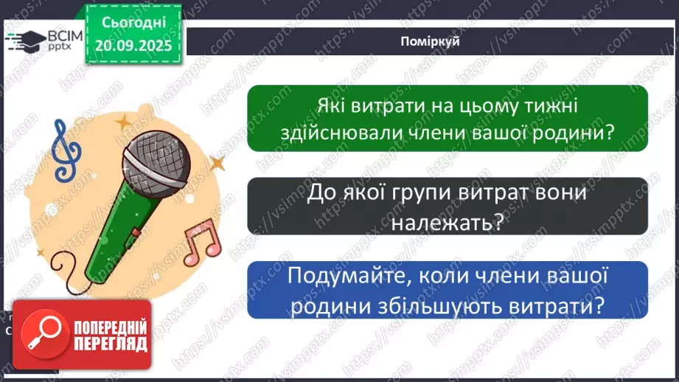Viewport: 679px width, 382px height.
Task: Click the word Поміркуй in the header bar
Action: coord(431,42)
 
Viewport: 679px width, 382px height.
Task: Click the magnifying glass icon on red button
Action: coord(42,333)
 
